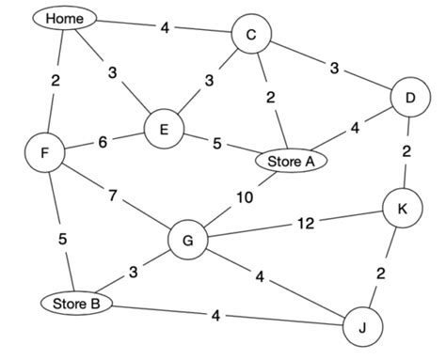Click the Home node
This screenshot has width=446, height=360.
click(64, 18)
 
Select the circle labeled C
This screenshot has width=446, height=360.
click(251, 35)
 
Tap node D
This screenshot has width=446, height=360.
click(409, 98)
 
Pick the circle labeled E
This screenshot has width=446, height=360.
click(164, 131)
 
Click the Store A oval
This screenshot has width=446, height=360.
click(291, 161)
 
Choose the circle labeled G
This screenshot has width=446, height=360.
click(188, 241)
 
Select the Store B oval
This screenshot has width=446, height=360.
click(74, 303)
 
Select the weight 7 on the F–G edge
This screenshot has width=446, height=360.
click(114, 196)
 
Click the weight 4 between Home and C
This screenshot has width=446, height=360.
click(165, 27)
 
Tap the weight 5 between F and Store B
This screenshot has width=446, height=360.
click(62, 239)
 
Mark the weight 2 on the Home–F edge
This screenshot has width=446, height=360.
click(56, 81)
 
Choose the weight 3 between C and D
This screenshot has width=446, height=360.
click(333, 67)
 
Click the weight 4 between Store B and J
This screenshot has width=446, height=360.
click(215, 314)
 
